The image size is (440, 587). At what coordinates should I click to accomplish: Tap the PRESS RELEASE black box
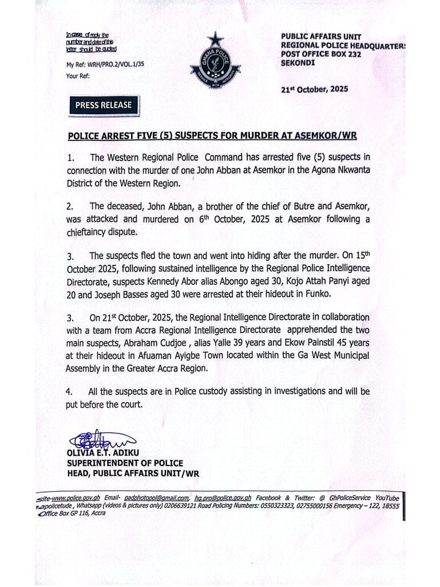tap(104, 105)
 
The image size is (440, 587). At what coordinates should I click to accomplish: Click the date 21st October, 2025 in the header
tap(315, 89)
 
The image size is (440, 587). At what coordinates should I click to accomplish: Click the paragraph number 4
tap(69, 392)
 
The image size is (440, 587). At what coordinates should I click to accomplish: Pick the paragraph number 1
tap(69, 157)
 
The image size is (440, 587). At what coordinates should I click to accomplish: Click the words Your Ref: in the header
tap(78, 76)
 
